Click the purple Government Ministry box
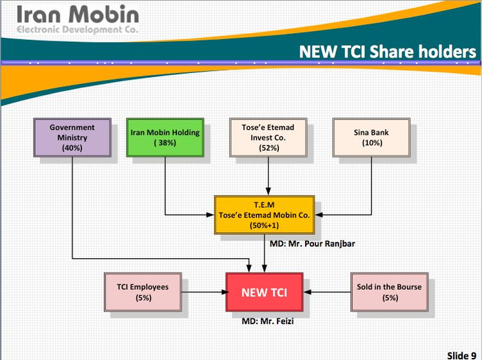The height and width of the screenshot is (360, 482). pos(72,138)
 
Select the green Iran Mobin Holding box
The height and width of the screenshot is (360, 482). pos(165,138)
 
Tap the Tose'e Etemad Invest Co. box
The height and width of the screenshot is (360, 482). pos(268,138)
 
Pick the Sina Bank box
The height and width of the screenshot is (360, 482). pos(371,138)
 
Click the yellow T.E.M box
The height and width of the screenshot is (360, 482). pos(264,215)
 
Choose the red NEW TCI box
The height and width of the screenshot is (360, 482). pos(264,292)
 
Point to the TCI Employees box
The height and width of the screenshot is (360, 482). pos(143,292)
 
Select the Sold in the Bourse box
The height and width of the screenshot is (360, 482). pos(390,292)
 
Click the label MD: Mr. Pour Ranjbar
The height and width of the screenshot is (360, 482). pos(313,244)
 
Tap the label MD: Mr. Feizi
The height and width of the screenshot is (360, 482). pos(268,321)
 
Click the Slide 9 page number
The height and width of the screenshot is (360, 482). pos(462,355)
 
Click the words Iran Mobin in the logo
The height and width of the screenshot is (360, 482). pos(78,14)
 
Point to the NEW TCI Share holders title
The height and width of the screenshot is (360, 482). pos(388,52)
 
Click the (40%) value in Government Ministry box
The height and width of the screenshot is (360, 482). pos(72,148)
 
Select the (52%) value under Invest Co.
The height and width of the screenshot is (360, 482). pos(269,148)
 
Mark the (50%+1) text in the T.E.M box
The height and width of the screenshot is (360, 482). pos(264,226)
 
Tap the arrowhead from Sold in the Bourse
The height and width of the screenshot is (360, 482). pos(307,292)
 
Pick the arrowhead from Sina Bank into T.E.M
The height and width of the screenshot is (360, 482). pos(319,215)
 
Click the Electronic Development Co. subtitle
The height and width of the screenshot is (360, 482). pos(77,30)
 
